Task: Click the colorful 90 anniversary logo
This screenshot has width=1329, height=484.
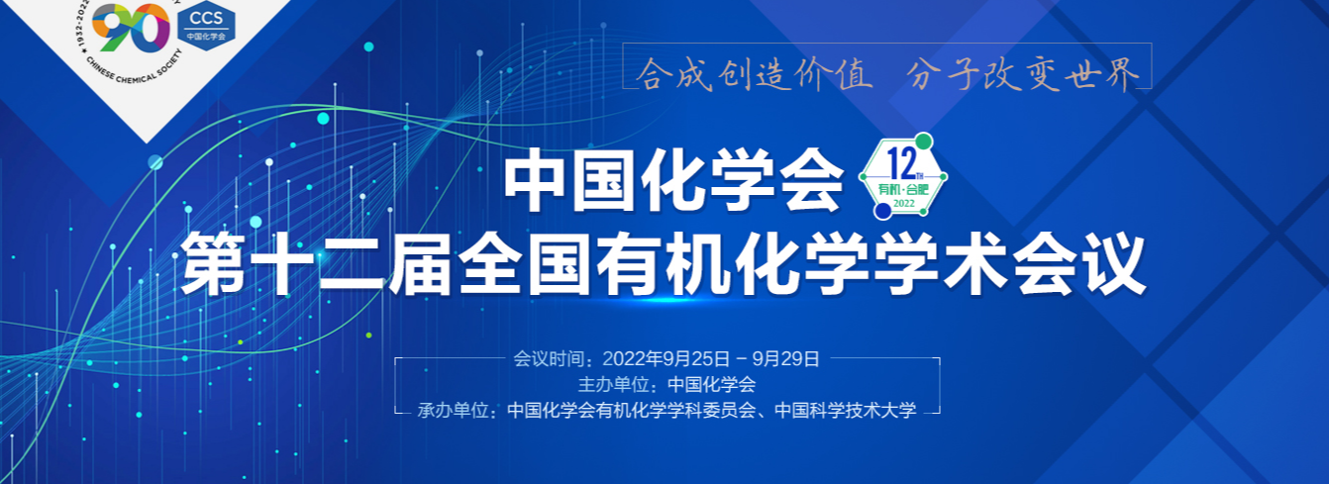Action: tap(131, 27)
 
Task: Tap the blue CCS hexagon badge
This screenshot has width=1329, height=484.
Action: tap(206, 26)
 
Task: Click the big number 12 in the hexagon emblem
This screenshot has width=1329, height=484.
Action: tap(901, 164)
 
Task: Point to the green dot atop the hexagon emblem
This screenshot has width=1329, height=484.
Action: tap(923, 142)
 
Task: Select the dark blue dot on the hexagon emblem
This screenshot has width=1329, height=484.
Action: tap(882, 211)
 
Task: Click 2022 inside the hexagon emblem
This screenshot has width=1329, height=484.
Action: tap(903, 204)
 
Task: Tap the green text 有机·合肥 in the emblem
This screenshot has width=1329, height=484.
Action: tap(903, 190)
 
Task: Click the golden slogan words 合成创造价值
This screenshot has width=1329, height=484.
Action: tap(754, 75)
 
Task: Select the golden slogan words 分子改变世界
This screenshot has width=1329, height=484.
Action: tap(1023, 75)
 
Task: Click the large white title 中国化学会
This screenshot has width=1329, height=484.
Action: tap(674, 180)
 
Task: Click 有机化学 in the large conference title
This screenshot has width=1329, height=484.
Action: tap(735, 264)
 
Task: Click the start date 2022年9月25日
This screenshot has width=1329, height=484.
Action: tap(666, 359)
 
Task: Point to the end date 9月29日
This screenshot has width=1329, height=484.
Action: tap(786, 359)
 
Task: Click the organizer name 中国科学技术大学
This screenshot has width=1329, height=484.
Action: tap(846, 410)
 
